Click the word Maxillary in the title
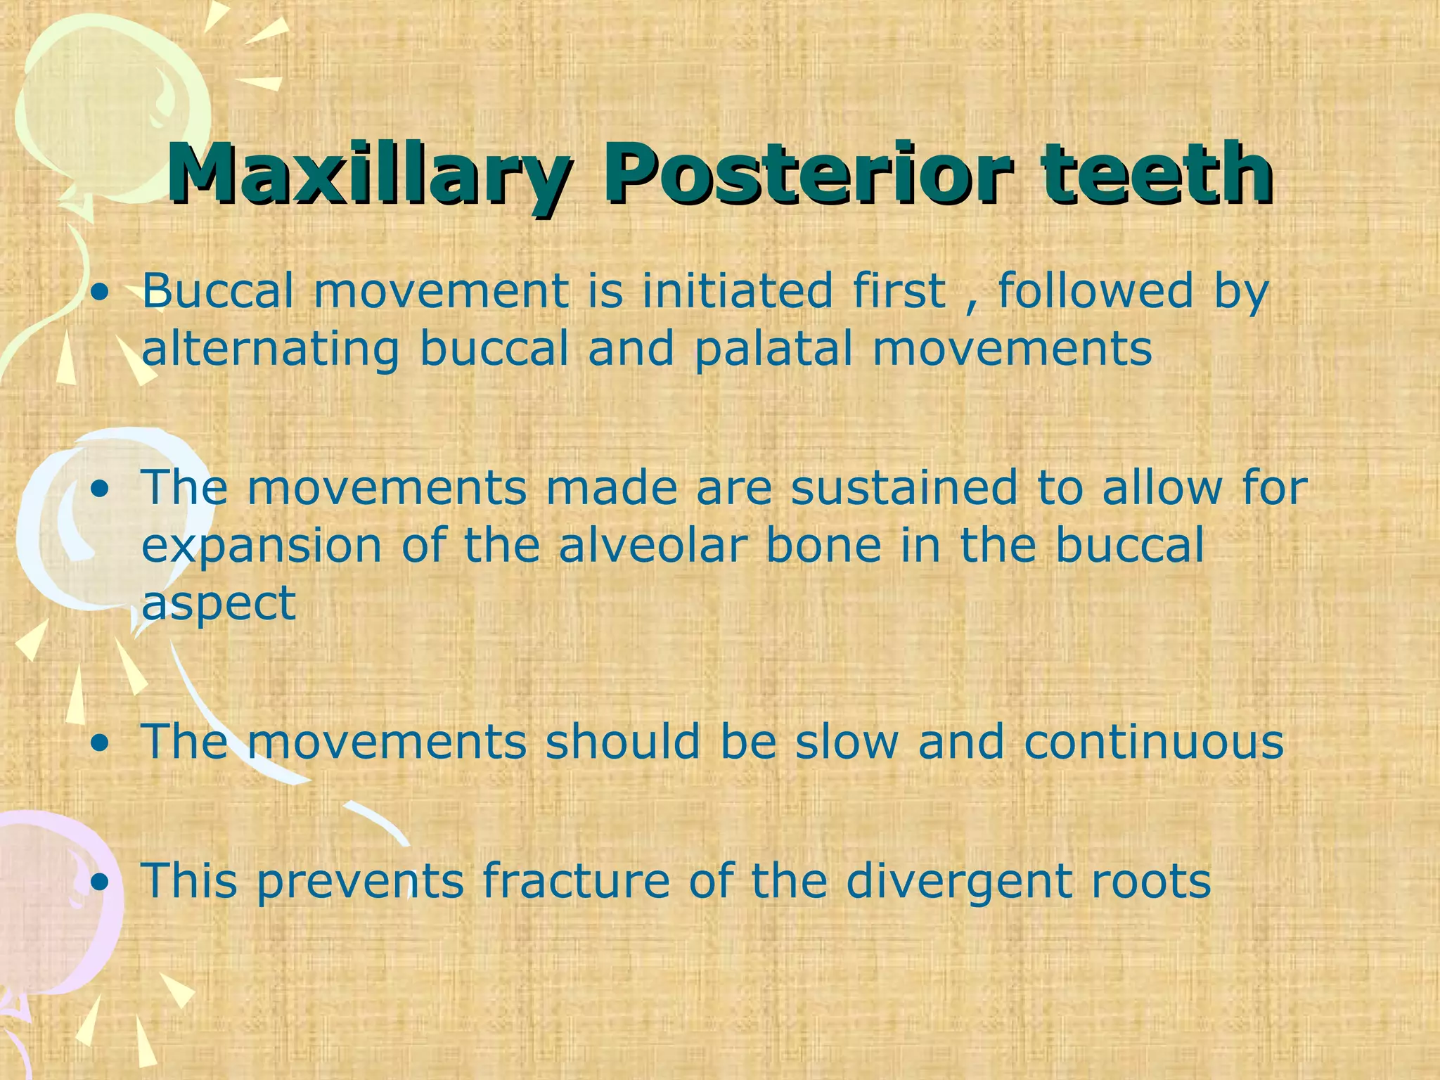tap(366, 173)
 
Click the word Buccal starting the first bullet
tap(217, 290)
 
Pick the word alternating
tap(271, 350)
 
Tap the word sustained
tap(904, 487)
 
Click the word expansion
tap(262, 547)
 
